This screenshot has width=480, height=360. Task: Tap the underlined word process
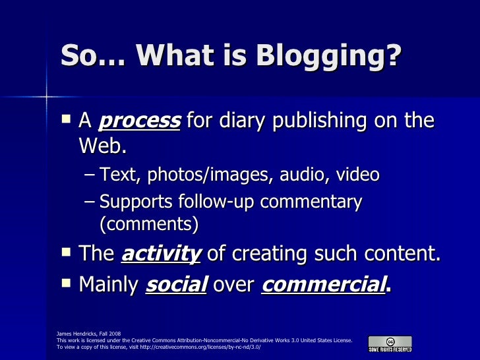pos(139,122)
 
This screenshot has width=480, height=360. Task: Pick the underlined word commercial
pos(322,285)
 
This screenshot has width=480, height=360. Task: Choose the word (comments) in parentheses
pos(148,225)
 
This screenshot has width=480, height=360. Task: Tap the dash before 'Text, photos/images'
pos(90,175)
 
